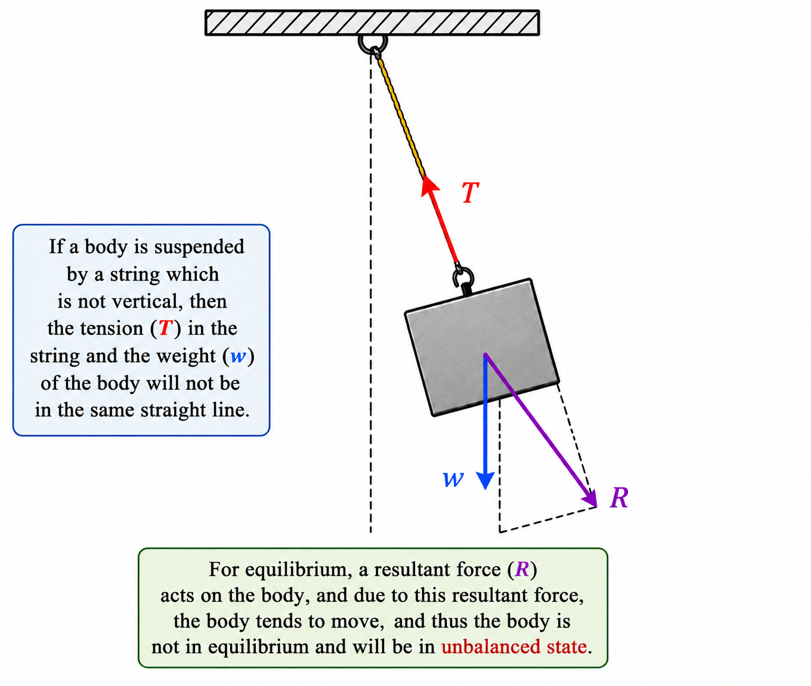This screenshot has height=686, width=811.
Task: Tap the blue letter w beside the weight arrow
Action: pos(453,479)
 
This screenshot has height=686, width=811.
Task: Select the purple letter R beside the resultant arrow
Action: pos(620,497)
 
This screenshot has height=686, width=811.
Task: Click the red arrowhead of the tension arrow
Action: pos(429,186)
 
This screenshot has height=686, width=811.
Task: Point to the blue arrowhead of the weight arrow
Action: pos(485,480)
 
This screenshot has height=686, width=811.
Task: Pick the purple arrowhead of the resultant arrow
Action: pos(590,499)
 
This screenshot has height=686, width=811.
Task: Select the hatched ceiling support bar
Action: pos(372,23)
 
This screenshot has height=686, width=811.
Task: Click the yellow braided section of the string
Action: pos(400,116)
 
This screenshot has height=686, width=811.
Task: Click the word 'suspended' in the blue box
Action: pos(199,248)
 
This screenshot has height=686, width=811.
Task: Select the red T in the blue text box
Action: pos(166,328)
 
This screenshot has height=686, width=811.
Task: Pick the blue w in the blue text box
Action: pos(238,356)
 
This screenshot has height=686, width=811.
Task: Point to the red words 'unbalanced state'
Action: pos(514,646)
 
